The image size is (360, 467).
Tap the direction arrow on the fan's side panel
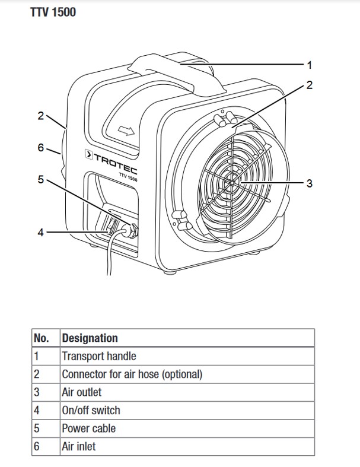126,128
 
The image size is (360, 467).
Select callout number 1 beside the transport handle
309,64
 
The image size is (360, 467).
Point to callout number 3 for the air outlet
309,183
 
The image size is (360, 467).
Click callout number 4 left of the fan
40,233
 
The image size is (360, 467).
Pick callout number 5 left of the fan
40,179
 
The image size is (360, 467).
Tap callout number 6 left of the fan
40,147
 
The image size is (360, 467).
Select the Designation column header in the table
90,338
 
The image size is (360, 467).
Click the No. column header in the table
41,338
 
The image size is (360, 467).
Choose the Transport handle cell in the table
99,356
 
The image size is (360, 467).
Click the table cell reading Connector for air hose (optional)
132,374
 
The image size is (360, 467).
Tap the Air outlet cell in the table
82,392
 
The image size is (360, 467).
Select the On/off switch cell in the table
91,410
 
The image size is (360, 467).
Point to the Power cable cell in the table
89,428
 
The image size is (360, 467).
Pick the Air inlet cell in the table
78,446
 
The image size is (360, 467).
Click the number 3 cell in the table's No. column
37,392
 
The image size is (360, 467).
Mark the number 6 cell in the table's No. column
37,446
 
